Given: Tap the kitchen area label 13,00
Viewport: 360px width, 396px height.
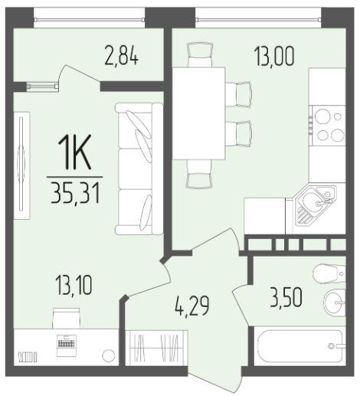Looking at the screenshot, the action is click(x=274, y=56).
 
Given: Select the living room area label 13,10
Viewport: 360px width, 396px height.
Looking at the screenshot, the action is click(x=74, y=285).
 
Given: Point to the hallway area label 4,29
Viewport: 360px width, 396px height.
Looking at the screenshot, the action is click(x=192, y=306).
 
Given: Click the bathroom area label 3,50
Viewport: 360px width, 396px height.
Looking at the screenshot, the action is click(x=286, y=297).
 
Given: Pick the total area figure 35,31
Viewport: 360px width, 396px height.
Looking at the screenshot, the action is click(x=75, y=193).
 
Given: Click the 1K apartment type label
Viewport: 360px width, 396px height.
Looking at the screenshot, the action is click(x=74, y=152).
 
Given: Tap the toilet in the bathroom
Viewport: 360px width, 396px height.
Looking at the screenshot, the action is click(x=329, y=273).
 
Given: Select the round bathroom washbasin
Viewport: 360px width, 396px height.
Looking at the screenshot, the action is click(x=335, y=303).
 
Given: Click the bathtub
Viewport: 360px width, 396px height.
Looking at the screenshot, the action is click(x=300, y=346).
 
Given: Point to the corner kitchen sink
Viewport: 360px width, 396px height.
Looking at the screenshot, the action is click(x=316, y=205).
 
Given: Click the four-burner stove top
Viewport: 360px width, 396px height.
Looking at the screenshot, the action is click(x=327, y=126).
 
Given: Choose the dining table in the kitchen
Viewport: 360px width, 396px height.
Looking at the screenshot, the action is click(x=198, y=113).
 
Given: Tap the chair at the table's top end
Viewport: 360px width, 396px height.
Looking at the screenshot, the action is click(x=200, y=55).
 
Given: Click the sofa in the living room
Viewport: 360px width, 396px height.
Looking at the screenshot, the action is click(x=139, y=169).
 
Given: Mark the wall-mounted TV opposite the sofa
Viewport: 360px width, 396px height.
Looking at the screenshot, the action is click(x=21, y=165).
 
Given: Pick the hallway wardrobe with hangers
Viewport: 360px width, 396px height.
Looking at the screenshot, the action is click(x=156, y=348).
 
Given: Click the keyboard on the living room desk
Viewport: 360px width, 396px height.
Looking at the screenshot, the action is click(x=67, y=343).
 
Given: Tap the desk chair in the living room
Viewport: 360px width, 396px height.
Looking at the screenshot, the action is click(x=66, y=319).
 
